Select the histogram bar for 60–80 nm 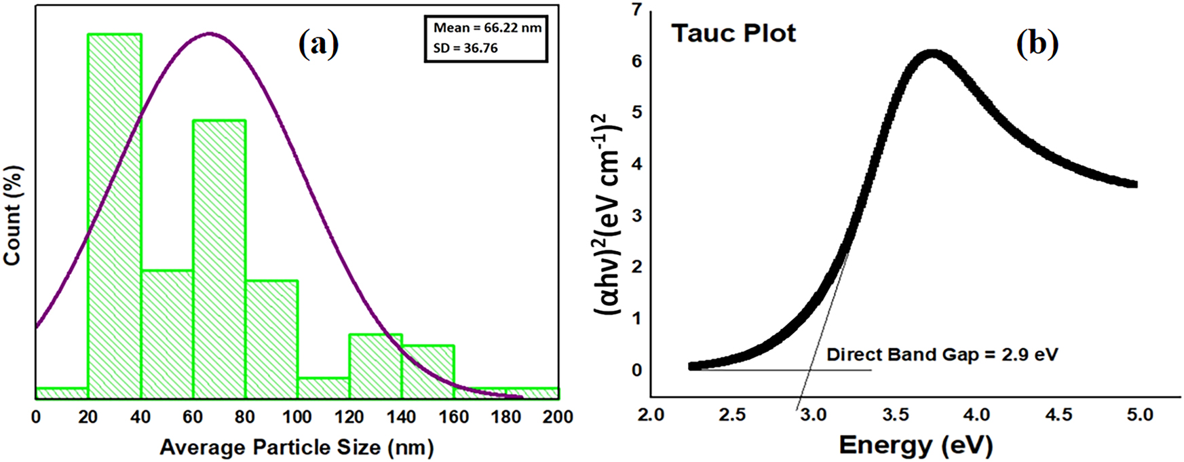click(219, 258)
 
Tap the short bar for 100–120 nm click(324, 387)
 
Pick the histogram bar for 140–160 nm click(427, 370)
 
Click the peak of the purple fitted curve click(210, 33)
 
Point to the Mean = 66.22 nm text click(487, 28)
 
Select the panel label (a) click(318, 44)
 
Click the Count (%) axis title click(14, 216)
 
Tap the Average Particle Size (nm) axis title click(297, 447)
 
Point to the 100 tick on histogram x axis click(297, 417)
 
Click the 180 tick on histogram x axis click(505, 417)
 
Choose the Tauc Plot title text click(733, 33)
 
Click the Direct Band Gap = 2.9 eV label click(942, 355)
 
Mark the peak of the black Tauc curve click(933, 54)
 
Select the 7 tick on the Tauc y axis click(636, 10)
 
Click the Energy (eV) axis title click(915, 446)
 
